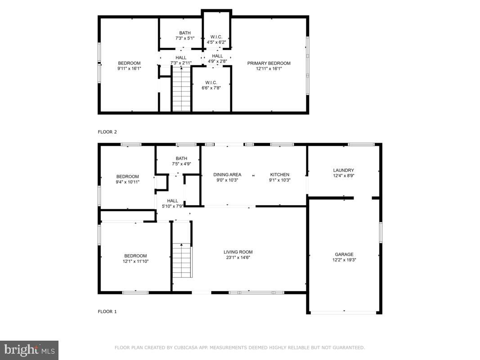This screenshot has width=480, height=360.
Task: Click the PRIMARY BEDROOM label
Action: tap(269, 63)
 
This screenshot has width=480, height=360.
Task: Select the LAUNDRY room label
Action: tap(344, 171)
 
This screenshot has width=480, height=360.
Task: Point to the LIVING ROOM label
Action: tap(238, 252)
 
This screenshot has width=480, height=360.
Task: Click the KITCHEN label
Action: tap(279, 175)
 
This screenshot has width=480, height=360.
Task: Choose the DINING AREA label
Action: tap(227, 175)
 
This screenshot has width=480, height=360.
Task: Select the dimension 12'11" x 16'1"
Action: tap(269, 69)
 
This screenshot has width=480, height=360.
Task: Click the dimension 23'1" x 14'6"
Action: tap(238, 258)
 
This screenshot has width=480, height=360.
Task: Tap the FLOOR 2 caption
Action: tap(108, 132)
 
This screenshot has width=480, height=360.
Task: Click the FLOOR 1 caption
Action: tap(108, 311)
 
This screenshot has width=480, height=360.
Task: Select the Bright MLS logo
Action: tap(29, 350)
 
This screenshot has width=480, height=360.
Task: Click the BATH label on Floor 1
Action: tap(181, 158)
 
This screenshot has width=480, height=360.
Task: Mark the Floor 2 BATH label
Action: tap(185, 33)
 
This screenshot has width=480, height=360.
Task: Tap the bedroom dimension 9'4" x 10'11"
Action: tap(128, 182)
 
